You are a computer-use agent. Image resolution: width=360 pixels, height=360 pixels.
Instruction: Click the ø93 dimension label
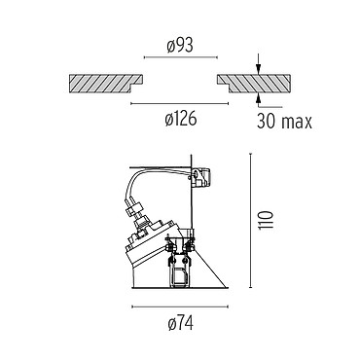(x=180, y=46)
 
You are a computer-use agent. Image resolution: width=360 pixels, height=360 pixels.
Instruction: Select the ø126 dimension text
(x=181, y=119)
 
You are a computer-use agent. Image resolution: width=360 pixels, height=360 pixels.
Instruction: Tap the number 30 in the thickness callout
(x=267, y=122)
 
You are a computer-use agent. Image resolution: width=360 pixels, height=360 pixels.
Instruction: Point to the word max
(x=297, y=123)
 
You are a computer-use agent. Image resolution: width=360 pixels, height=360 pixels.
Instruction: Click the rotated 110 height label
(x=266, y=220)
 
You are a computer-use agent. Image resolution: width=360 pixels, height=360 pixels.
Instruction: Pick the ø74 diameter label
(x=181, y=323)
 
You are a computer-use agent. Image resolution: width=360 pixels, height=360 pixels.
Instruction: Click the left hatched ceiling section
(x=106, y=84)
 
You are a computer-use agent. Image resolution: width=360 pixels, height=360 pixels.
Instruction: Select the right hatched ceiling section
(x=254, y=84)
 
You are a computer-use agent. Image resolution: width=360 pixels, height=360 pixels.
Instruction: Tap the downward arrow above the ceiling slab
(x=258, y=65)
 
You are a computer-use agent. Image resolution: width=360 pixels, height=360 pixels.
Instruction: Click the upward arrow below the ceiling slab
(x=259, y=99)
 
